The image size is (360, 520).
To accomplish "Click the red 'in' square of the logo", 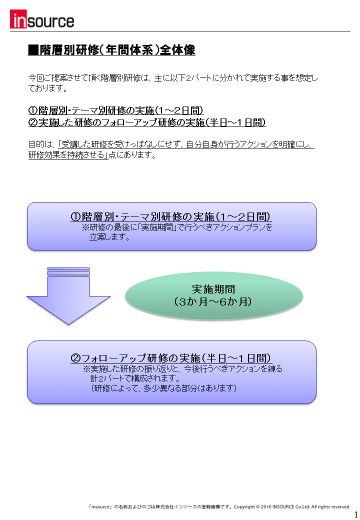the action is pos(18,19).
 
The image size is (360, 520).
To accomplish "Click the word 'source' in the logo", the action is pos(50,21).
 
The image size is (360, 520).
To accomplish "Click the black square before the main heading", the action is pos(33,49).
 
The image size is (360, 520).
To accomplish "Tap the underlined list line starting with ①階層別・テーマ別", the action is pos(116,110).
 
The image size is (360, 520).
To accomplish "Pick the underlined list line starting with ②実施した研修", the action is pos(147,122).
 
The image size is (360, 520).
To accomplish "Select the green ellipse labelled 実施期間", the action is pos(214,295).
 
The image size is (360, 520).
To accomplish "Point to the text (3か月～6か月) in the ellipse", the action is pos(213,301).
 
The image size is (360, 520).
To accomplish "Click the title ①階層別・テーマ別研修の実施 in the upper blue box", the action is pos(171,216).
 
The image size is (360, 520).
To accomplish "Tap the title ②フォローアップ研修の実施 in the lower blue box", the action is pos(171,358).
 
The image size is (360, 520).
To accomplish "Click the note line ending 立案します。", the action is pos(109,237).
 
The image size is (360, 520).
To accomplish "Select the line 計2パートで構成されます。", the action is pos(135,378).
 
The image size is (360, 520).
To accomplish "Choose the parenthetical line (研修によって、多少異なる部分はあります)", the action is pos(164,388).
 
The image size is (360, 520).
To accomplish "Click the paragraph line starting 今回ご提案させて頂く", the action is pos(173,78).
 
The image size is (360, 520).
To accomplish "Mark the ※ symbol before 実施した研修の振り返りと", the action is pos(86,369).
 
